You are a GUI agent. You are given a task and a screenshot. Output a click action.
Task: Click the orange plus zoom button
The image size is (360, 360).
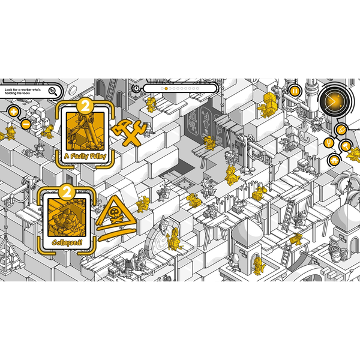(14, 112)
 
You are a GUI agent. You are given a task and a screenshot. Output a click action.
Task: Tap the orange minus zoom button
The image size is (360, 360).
(26, 125)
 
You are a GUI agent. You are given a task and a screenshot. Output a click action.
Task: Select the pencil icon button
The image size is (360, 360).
(341, 130)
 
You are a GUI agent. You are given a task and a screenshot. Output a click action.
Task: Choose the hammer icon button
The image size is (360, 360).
(346, 146)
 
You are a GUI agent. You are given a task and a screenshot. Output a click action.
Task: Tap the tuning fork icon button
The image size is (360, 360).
(329, 143)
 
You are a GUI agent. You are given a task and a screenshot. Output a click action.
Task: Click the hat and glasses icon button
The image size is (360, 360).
(334, 160)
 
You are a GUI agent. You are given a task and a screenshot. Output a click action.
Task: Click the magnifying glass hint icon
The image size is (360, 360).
(53, 92)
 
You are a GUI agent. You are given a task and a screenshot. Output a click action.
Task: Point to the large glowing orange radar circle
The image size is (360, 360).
(334, 101)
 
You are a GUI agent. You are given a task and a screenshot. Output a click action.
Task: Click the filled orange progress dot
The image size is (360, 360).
(166, 88)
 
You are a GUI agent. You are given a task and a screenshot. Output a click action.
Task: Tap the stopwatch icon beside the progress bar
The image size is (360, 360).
(136, 88)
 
